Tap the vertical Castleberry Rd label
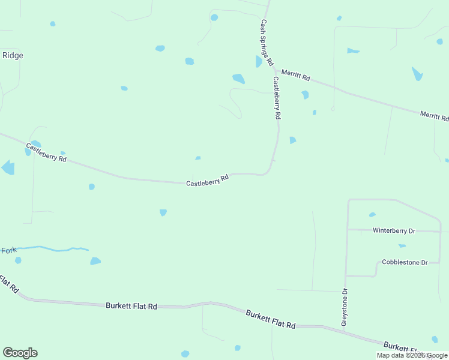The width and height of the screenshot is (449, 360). pos(277,98)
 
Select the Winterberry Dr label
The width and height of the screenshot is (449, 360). pos(394,230)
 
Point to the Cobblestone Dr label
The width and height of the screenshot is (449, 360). pos(405,263)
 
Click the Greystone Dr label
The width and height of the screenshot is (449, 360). pos(345,308)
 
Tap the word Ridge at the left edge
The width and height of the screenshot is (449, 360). pos(13,55)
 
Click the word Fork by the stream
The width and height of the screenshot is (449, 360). pos(8,250)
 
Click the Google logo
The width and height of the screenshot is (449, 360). pos(20,353)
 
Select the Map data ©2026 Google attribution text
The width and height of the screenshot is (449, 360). pos(412,355)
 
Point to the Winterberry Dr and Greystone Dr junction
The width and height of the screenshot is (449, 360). pos(347,229)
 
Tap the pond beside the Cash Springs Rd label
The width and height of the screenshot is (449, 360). pos(259,61)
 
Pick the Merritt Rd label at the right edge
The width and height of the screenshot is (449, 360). pos(434,116)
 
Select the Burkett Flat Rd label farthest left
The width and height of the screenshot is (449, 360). pos(131,306)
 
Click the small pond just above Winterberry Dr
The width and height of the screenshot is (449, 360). pos(372,215)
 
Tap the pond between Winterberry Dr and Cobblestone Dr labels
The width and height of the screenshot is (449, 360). pos(402,245)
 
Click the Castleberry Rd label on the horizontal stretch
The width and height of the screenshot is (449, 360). pos(208,180)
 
